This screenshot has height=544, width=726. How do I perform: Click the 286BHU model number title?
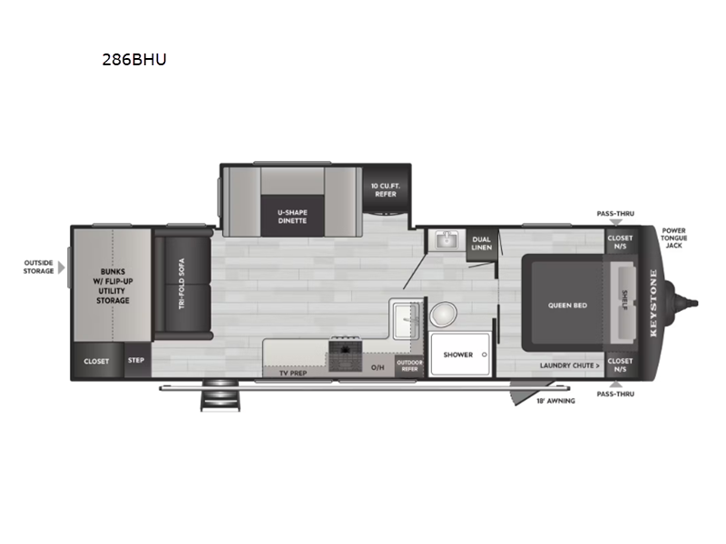point(134,60)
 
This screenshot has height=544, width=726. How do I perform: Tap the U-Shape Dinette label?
point(292,217)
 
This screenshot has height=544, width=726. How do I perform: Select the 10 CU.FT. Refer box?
point(386,189)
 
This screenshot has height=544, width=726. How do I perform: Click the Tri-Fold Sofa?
point(182,284)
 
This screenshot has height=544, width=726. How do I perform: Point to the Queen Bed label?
point(567,306)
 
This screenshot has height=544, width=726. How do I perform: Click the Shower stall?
point(460,355)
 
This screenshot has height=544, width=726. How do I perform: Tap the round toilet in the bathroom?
point(443,315)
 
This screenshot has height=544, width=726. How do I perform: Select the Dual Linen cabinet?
point(482,244)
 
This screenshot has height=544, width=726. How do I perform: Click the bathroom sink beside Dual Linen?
point(446,240)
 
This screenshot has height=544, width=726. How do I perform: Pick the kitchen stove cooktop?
point(345,354)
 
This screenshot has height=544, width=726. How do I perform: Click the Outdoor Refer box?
point(410,365)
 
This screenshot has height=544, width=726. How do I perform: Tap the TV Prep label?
point(292,373)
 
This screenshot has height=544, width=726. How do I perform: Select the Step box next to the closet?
point(137,360)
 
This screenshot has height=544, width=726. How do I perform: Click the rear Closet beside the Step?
point(97,361)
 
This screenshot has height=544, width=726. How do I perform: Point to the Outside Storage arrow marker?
point(61,267)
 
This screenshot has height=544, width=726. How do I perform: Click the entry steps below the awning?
point(220,396)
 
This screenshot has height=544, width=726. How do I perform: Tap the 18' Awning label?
point(555,401)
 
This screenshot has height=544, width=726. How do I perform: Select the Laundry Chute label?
point(570,365)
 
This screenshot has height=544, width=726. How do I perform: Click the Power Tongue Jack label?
point(673,238)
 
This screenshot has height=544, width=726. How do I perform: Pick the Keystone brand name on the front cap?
point(653,303)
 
